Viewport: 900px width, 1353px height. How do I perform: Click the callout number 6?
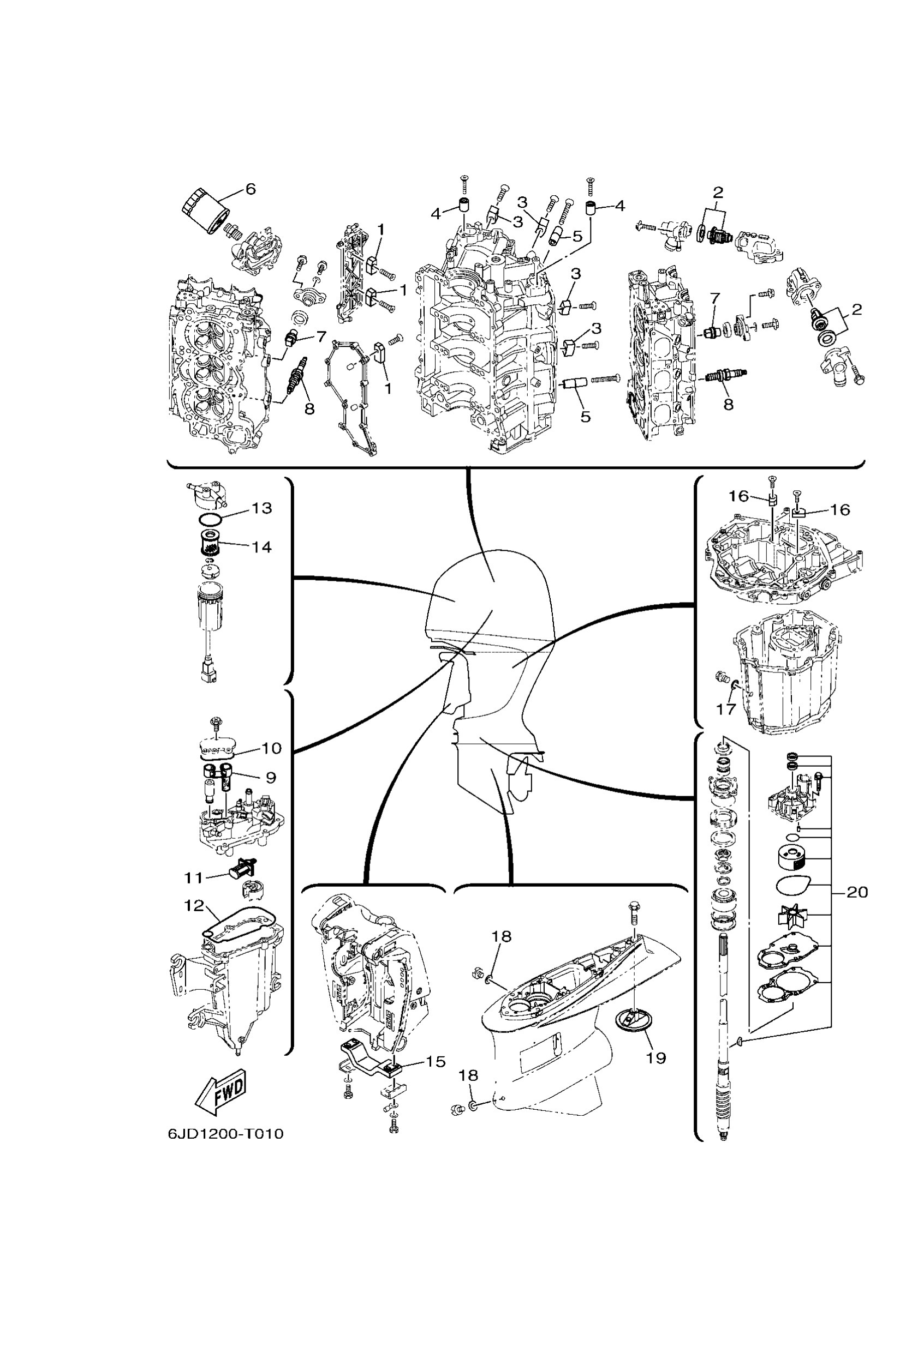coord(251,189)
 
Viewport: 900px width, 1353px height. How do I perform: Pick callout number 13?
coord(262,508)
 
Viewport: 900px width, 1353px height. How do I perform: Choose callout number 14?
coord(261,546)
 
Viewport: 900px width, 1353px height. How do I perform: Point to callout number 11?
coord(193,877)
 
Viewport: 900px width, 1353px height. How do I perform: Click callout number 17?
coord(725,709)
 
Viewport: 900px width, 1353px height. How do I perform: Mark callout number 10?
coord(271,748)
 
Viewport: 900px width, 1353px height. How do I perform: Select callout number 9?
coord(270,778)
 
